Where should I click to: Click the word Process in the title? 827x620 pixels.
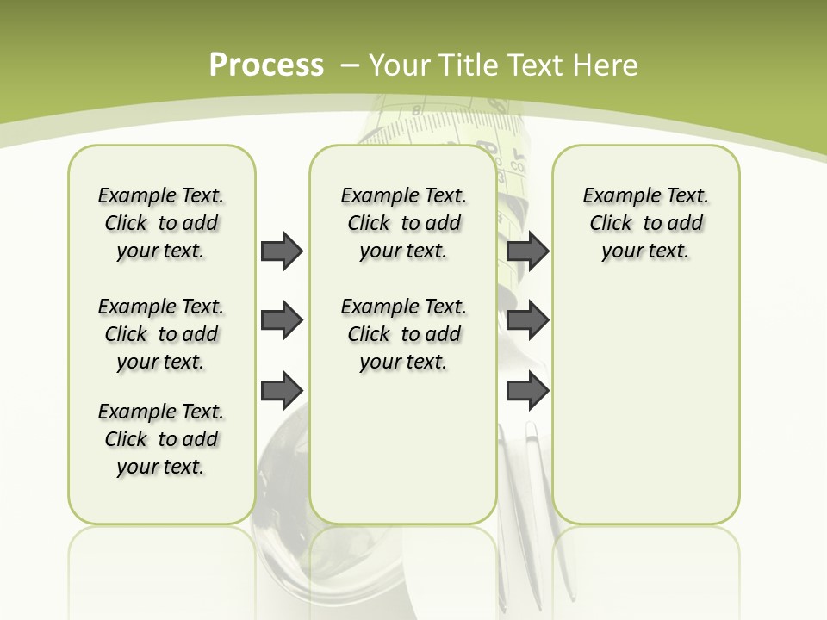pyautogui.click(x=266, y=65)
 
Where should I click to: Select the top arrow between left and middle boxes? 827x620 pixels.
pyautogui.click(x=281, y=251)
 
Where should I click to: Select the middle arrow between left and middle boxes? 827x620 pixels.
pyautogui.click(x=281, y=320)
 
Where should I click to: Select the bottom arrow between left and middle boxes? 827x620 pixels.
pyautogui.click(x=281, y=390)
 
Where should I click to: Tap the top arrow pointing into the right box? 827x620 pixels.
pyautogui.click(x=527, y=251)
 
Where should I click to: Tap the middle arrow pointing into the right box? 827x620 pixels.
pyautogui.click(x=527, y=320)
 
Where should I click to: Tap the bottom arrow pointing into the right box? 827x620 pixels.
pyautogui.click(x=527, y=390)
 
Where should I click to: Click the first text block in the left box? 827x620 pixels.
pyautogui.click(x=161, y=223)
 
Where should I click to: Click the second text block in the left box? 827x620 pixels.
pyautogui.click(x=161, y=334)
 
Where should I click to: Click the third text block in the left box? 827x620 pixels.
pyautogui.click(x=161, y=439)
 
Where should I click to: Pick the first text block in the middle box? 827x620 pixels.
pyautogui.click(x=403, y=223)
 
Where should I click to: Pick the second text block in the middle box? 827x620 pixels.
pyautogui.click(x=403, y=334)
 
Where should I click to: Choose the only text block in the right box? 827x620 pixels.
pyautogui.click(x=645, y=223)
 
